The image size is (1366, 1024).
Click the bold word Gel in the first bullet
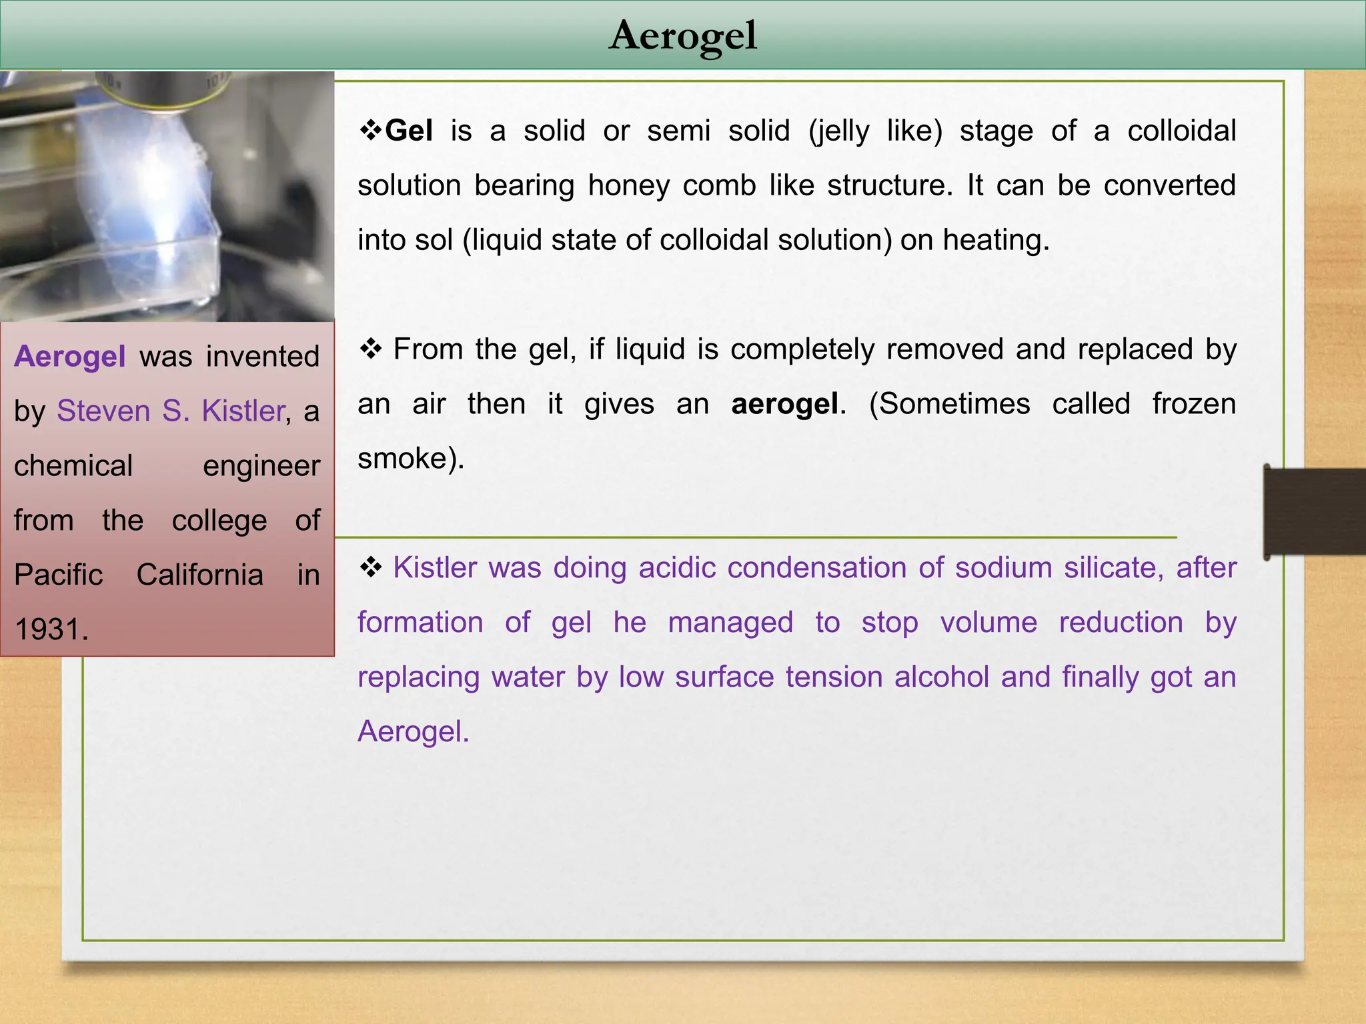pyautogui.click(x=409, y=131)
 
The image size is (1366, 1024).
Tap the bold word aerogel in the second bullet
pyautogui.click(x=784, y=404)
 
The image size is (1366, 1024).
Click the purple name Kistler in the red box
pyautogui.click(x=243, y=411)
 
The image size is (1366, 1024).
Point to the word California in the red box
pyautogui.click(x=199, y=575)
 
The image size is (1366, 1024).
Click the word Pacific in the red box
pyautogui.click(x=59, y=575)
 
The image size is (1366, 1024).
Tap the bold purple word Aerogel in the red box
pyautogui.click(x=70, y=356)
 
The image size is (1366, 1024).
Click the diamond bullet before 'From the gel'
pyautogui.click(x=370, y=348)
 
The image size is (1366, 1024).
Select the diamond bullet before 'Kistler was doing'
pyautogui.click(x=370, y=567)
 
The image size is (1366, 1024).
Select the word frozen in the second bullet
pyautogui.click(x=1194, y=404)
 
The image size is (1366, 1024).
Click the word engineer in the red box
pyautogui.click(x=261, y=466)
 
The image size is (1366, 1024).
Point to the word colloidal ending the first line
pyautogui.click(x=1182, y=131)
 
